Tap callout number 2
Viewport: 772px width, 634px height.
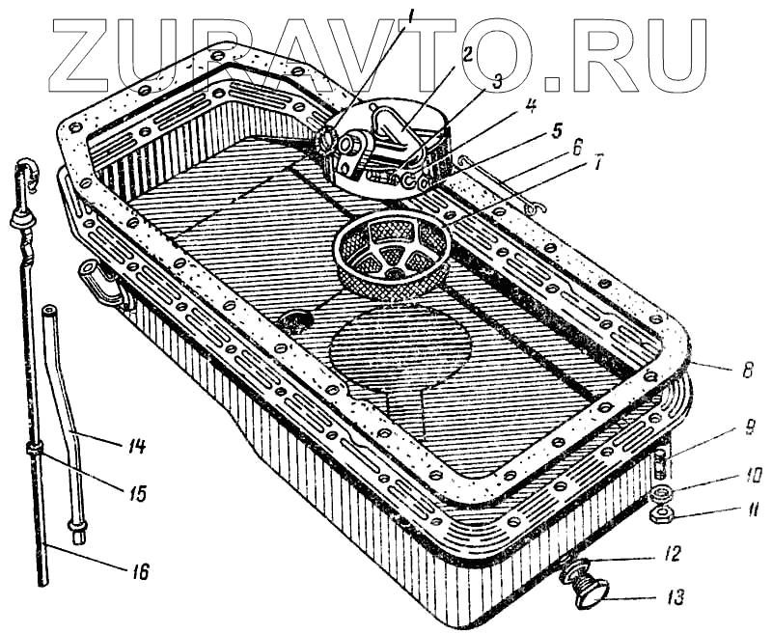tap(466, 54)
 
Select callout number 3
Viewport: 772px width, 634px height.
tap(498, 82)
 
